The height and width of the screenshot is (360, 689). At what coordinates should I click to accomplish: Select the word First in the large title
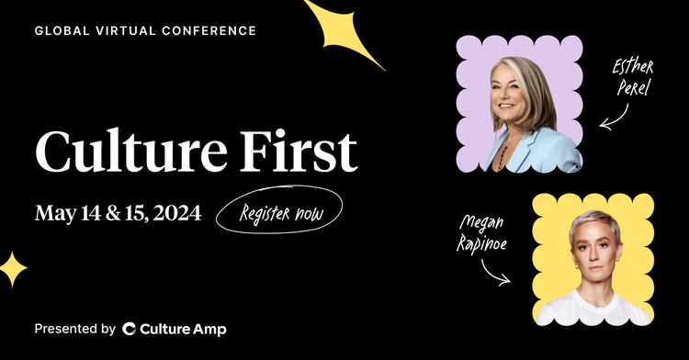tap(306, 152)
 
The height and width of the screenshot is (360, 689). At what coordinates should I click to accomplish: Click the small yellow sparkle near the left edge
tap(13, 269)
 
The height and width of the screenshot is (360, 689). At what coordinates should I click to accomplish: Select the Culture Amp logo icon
tap(130, 329)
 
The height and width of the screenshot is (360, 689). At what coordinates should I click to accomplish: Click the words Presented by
tap(74, 329)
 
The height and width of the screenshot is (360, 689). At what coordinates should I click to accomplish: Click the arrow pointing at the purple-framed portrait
tap(614, 118)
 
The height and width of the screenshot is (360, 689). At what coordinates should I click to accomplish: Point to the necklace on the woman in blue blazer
tap(500, 152)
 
